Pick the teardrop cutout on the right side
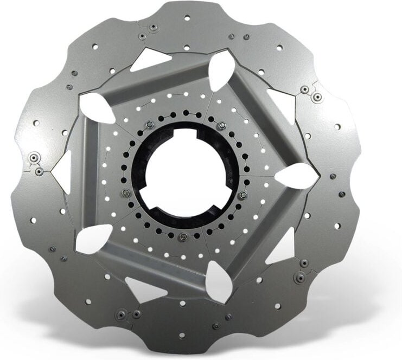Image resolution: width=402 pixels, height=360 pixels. [296, 176]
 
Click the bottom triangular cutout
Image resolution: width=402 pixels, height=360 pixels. [144, 288]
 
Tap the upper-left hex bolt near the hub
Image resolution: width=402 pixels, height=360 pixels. [149, 125]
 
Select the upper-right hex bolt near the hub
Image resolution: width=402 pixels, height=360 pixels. [221, 126]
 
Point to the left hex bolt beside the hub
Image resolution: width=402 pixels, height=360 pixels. [125, 192]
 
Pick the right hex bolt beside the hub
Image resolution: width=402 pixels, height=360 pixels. [243, 195]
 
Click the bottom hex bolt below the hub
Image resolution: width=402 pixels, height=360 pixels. [183, 237]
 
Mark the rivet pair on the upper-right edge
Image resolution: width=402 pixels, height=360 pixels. [311, 93]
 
